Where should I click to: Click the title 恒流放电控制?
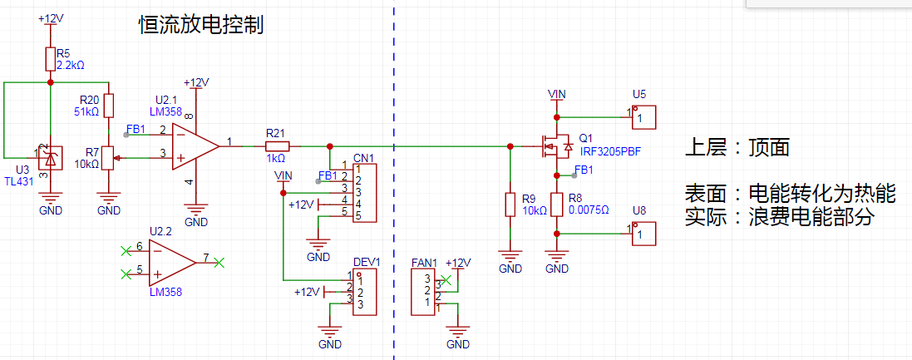click(x=200, y=25)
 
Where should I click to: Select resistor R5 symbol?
click(x=50, y=59)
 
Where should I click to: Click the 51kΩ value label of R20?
click(x=86, y=111)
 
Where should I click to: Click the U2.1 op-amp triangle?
click(x=196, y=146)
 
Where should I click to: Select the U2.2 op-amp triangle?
click(x=173, y=263)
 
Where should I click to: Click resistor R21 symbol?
click(x=278, y=146)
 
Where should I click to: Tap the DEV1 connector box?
click(x=365, y=292)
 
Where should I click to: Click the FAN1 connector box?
click(x=423, y=292)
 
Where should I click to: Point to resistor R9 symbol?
click(x=510, y=205)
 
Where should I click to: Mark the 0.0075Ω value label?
click(x=589, y=210)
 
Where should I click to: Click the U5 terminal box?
click(x=643, y=117)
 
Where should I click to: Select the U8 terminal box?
click(x=643, y=234)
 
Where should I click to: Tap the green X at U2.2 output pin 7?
click(x=219, y=263)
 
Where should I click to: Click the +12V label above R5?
click(x=51, y=18)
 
